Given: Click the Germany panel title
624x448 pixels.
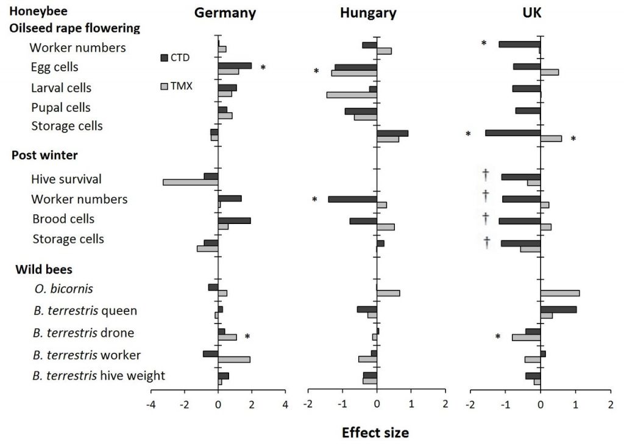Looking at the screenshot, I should (225, 13).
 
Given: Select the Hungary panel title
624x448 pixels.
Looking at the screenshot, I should (369, 13).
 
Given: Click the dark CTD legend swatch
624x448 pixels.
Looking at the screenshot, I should (164, 58).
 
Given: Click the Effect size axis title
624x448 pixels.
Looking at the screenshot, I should (375, 432).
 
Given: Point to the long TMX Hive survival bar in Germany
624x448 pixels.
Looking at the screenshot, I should (190, 182).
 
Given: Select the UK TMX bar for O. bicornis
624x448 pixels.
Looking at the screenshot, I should (559, 293).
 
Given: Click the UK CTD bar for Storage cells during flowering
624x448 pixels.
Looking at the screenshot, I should (512, 132).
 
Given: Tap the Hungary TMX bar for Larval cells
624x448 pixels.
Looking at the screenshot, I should (351, 95).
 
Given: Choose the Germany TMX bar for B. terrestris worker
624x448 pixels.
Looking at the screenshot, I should (234, 359).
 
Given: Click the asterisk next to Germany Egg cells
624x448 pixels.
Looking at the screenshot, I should (263, 68).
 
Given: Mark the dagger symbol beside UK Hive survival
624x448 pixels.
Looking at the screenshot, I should (486, 175).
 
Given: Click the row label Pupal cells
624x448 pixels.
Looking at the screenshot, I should (61, 107).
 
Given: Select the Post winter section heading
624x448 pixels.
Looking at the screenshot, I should (44, 155).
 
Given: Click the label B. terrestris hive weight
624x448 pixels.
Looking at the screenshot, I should (99, 375).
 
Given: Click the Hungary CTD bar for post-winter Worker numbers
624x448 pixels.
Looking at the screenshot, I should (352, 199).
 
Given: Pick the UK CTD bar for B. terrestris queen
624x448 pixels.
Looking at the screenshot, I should (558, 309).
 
